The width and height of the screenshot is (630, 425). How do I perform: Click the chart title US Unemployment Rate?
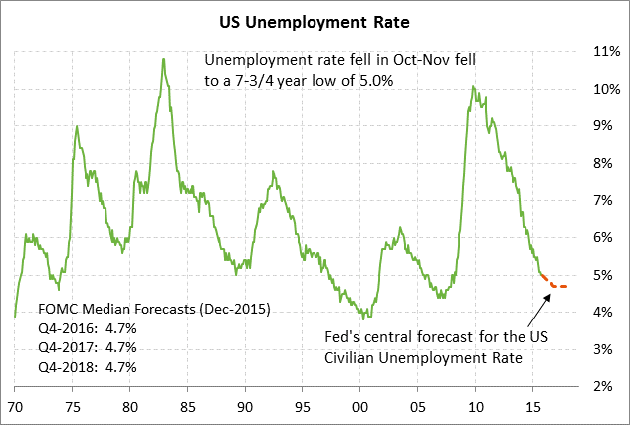coord(314,19)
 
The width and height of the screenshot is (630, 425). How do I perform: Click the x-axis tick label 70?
coord(16,406)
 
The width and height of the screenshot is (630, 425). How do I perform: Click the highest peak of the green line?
coord(163,59)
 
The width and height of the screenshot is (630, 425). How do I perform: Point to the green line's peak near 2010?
coord(473,87)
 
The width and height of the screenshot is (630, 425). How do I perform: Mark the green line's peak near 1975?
coord(77,127)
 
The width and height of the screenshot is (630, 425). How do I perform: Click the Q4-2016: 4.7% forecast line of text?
coord(87,327)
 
